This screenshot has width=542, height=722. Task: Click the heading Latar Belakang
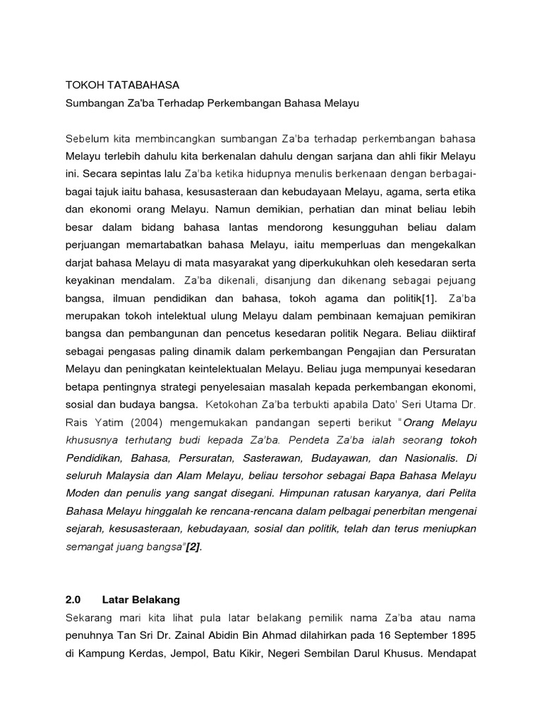[141, 600]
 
